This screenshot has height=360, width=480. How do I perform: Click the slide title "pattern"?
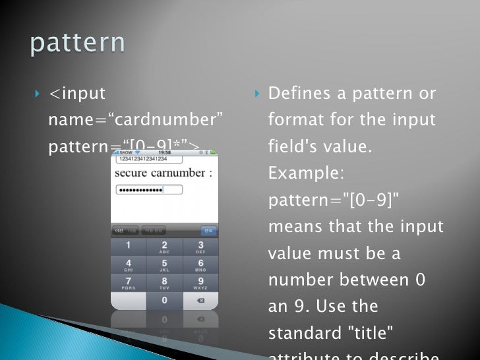(77, 43)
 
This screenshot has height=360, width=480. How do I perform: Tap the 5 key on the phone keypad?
(164, 266)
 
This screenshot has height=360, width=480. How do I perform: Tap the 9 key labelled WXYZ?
(200, 284)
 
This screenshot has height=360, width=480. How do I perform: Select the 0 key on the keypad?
(164, 300)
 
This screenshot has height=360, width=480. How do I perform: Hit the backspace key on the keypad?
(200, 300)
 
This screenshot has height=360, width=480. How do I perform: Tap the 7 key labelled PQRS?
(128, 284)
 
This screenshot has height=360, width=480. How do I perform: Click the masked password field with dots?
(149, 190)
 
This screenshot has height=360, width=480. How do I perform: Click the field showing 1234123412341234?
(142, 159)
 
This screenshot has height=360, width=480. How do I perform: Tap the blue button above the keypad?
(208, 231)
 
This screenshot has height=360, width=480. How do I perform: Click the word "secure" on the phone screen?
(132, 173)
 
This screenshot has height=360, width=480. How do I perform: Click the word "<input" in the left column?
(77, 94)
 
